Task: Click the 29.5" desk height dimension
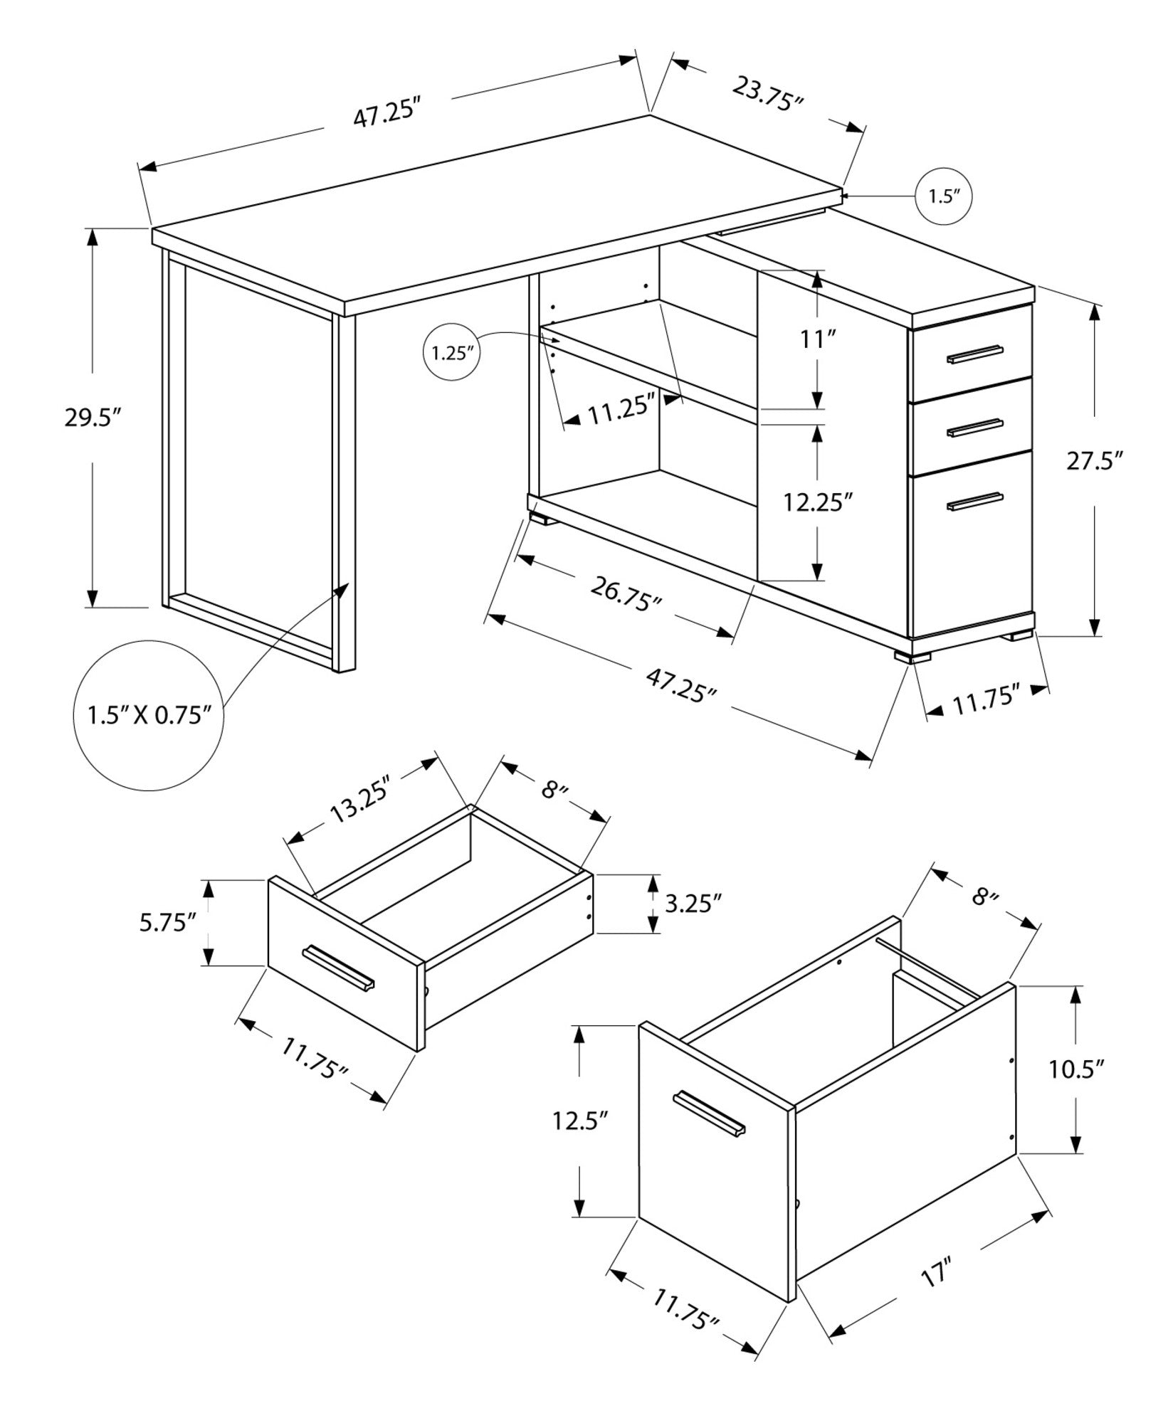click(x=90, y=418)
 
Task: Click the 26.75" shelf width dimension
click(x=626, y=593)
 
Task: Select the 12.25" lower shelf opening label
click(x=817, y=502)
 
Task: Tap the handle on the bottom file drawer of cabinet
click(x=974, y=501)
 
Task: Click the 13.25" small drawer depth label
click(x=361, y=802)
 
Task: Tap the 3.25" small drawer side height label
click(x=695, y=904)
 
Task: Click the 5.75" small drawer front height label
click(x=168, y=923)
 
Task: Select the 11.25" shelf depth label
click(x=621, y=411)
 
